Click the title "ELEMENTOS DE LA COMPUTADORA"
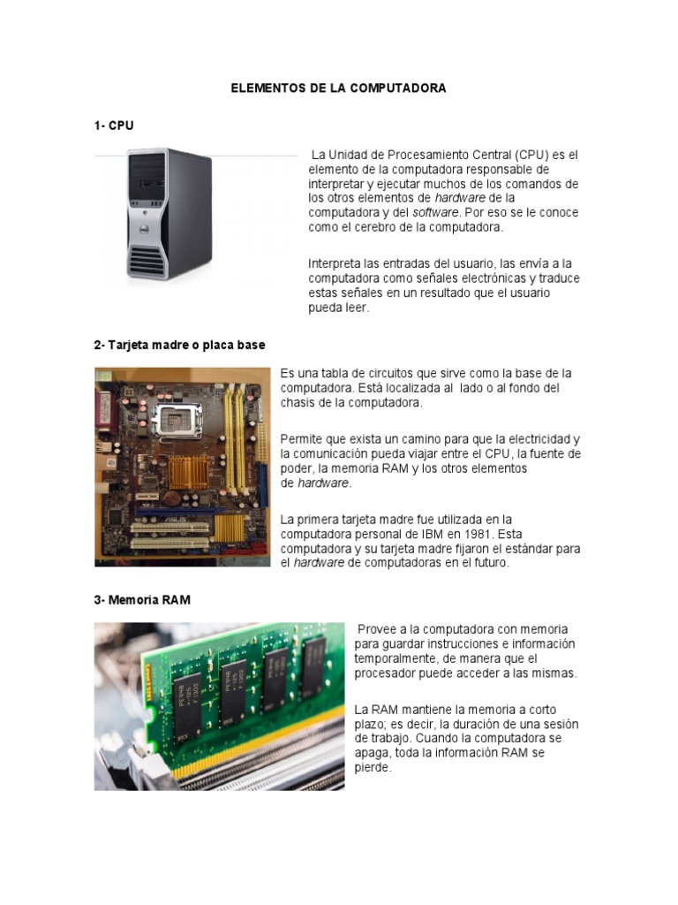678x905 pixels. pos(339,88)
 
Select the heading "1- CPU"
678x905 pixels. pos(114,125)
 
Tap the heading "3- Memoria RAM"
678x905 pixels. pos(142,599)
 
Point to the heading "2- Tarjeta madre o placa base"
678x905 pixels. pos(180,345)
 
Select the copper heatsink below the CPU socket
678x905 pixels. pos(188,471)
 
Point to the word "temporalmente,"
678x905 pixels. pos(395,658)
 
